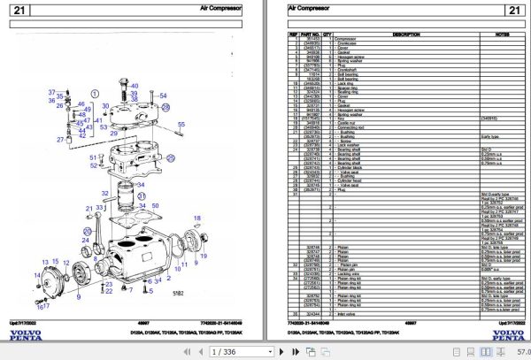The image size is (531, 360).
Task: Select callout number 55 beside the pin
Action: pyautogui.click(x=181, y=125)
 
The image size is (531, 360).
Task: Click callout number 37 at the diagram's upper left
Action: pyautogui.click(x=51, y=93)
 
